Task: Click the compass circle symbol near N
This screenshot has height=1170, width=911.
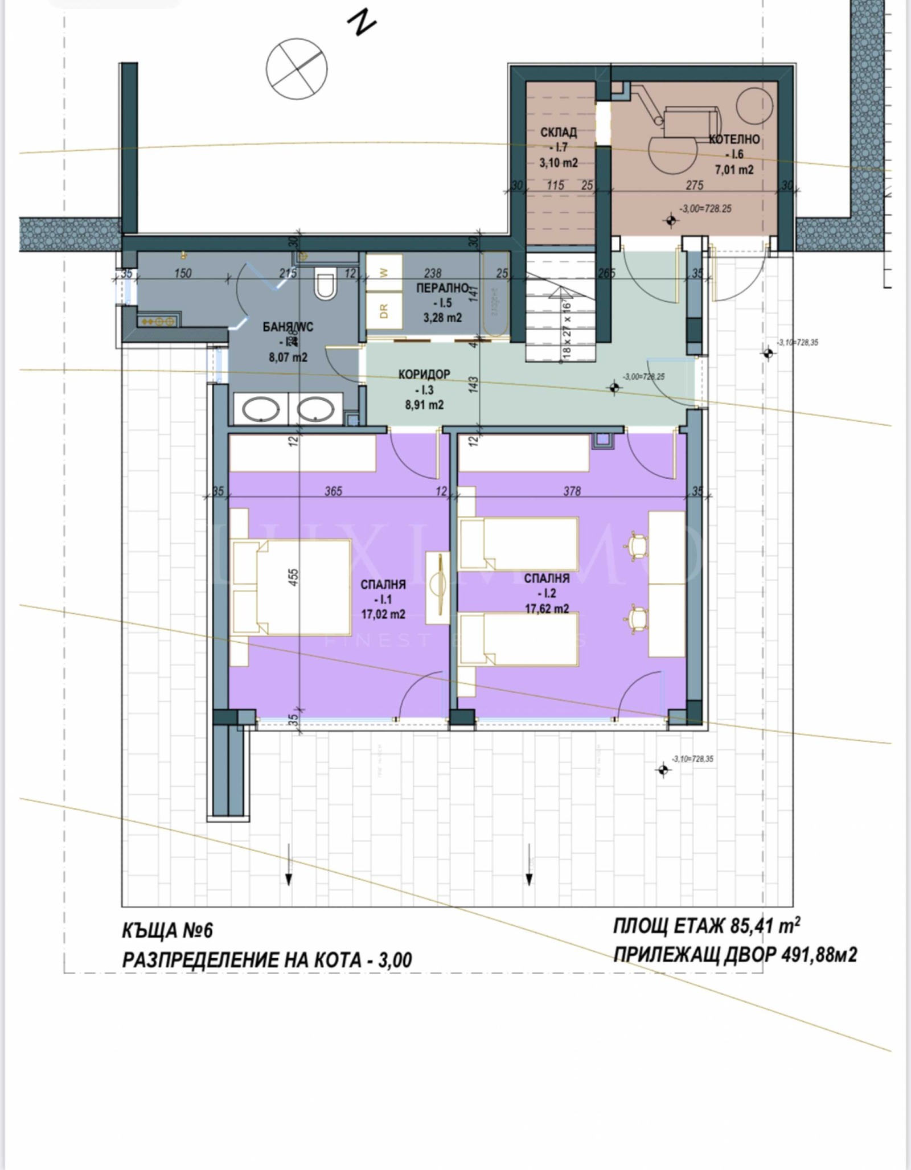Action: point(297,69)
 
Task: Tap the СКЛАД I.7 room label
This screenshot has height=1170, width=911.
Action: point(558,147)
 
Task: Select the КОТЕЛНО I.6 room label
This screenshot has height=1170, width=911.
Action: point(734,154)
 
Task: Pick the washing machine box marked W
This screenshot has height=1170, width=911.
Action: point(383,272)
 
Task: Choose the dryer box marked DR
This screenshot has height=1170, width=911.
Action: point(383,310)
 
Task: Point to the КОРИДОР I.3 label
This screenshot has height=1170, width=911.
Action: point(424,389)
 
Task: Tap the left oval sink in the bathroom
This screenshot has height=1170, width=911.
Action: point(261,409)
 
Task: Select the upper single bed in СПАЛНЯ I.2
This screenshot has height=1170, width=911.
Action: point(518,543)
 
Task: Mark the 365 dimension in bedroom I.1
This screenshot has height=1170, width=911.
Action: point(333,491)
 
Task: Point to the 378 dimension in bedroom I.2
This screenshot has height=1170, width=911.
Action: point(572,491)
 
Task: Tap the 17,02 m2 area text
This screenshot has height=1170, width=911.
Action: point(383,614)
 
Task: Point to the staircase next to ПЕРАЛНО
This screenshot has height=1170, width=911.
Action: point(560,307)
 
